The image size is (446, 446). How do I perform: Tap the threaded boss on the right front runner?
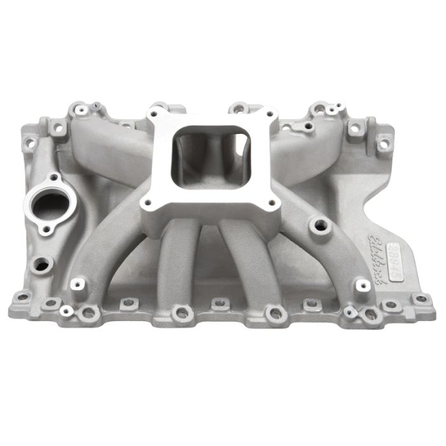(x=317, y=225)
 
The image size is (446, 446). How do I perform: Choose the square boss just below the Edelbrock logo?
(x=361, y=283)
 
